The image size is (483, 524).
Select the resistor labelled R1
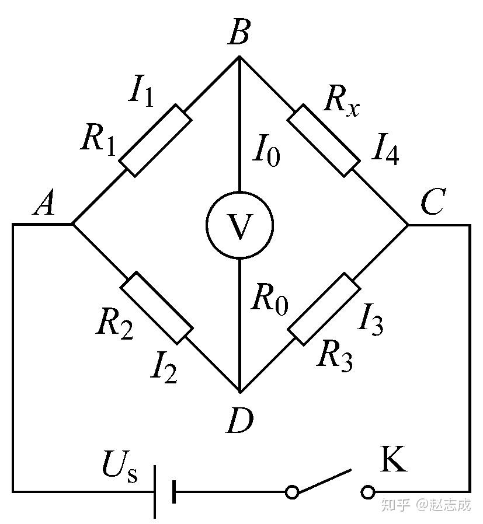[x=155, y=140]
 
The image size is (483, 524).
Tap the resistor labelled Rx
[x=323, y=140]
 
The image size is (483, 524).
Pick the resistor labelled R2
[x=156, y=307]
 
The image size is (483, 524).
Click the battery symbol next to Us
[x=164, y=492]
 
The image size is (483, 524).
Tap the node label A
[x=44, y=205]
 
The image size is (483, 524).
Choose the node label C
[x=433, y=205]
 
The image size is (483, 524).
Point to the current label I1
[x=142, y=93]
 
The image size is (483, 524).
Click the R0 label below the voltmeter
[x=269, y=301]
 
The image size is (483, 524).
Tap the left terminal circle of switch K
[x=292, y=492]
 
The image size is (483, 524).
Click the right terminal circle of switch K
[x=368, y=492]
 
